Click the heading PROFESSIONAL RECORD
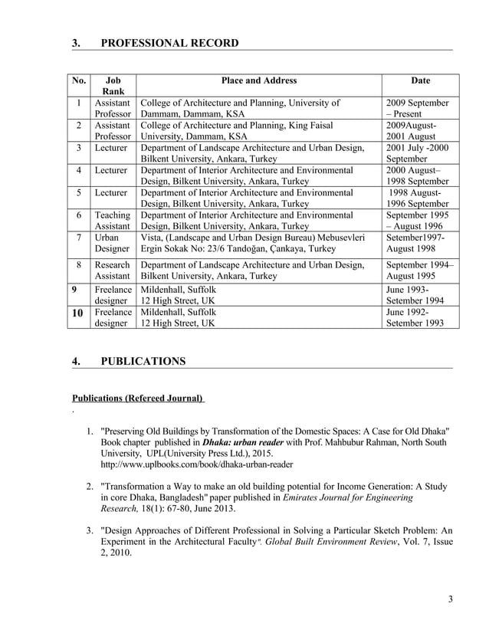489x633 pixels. [169, 42]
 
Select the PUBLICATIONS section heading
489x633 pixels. [143, 361]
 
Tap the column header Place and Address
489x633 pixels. [258, 80]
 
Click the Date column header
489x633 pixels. [420, 80]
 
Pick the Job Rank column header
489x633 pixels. [113, 86]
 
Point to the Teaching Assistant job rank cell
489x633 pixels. [113, 221]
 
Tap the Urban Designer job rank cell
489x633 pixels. [113, 244]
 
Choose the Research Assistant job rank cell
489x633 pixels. [113, 271]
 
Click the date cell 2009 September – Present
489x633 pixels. [418, 109]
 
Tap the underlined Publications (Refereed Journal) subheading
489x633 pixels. [138, 398]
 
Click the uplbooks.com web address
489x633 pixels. [196, 464]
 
